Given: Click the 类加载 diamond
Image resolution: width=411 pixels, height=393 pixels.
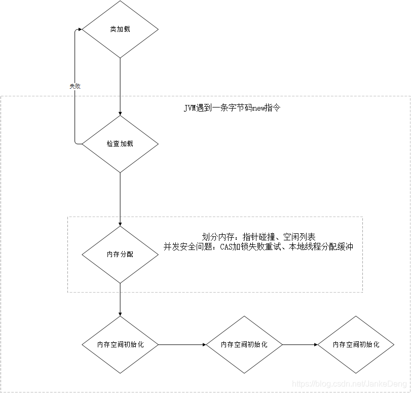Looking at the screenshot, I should [x=120, y=29].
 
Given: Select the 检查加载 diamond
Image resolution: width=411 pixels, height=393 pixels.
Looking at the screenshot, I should [x=120, y=144].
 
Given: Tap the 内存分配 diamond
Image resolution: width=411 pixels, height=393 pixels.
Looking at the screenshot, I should [x=120, y=255].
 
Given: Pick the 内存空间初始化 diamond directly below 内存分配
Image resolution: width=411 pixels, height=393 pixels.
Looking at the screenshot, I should [x=120, y=345].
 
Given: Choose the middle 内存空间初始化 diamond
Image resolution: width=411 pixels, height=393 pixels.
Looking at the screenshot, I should [x=244, y=345].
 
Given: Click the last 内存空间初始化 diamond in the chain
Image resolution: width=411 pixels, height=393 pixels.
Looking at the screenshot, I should [x=356, y=345].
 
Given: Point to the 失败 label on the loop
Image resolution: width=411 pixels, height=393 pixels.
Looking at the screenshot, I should [x=75, y=86].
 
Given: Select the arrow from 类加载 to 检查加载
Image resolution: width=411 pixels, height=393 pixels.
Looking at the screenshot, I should [x=120, y=86].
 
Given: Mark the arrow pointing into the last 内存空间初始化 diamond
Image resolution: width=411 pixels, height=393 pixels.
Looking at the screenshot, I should [x=300, y=345].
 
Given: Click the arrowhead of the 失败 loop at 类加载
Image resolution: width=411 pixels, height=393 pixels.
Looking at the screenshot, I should [x=80, y=29].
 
